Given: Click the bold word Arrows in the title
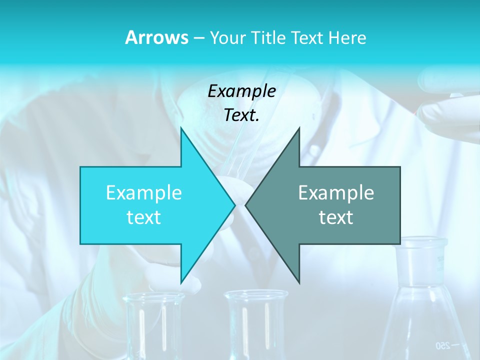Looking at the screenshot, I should coord(156,37).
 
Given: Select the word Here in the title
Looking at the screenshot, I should coord(348,38).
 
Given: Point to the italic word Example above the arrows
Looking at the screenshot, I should coord(241,91).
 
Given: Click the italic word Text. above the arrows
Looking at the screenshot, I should coord(241,115).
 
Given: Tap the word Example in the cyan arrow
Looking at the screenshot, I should coord(144,192).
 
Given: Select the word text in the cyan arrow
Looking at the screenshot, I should coord(144,217).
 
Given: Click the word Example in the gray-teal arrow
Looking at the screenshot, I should coord(336,192).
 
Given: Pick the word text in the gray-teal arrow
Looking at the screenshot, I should coord(336,217).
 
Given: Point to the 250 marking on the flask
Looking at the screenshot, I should coord(443,345).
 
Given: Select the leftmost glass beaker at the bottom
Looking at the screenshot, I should coord(154,325).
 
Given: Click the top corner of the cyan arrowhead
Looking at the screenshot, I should coord(181,128).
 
